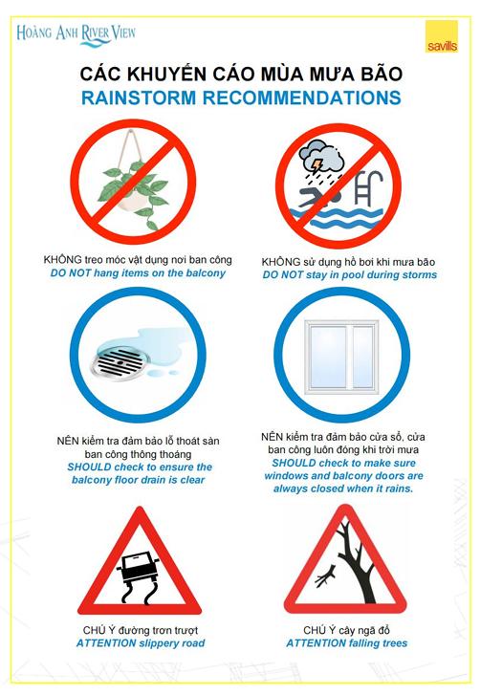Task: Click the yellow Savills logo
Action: click(x=442, y=36)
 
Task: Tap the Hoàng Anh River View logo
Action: click(x=76, y=34)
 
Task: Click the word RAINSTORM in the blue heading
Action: click(x=139, y=98)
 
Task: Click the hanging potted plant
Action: click(x=133, y=181)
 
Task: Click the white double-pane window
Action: click(x=341, y=358)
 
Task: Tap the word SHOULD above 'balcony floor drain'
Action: click(x=89, y=467)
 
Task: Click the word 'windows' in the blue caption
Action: click(x=283, y=476)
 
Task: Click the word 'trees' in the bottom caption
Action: click(x=394, y=643)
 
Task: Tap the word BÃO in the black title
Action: click(x=381, y=74)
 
